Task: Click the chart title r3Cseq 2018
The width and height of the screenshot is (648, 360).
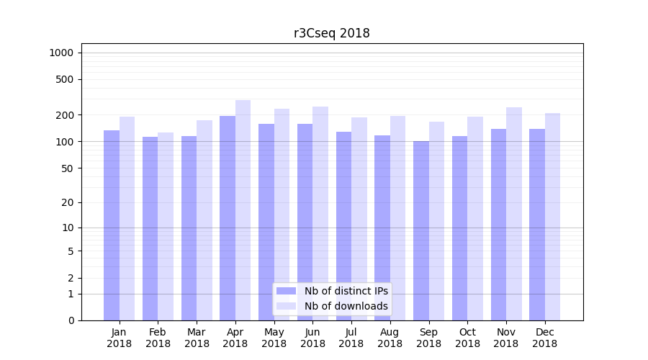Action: (x=331, y=33)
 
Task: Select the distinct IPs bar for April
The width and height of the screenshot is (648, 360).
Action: (x=228, y=216)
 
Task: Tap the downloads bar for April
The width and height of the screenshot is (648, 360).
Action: (x=243, y=209)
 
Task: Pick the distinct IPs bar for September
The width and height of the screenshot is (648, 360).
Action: (x=421, y=230)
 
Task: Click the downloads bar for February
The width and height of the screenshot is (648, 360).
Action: (x=166, y=227)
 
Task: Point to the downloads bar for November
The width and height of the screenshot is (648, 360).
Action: (x=514, y=212)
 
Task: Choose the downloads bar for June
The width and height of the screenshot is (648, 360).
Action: (x=320, y=212)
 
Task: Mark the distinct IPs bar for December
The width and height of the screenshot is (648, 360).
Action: (x=537, y=223)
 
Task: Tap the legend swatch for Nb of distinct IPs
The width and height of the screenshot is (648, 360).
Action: (x=287, y=291)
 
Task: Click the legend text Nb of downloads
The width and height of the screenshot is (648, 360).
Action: (x=346, y=306)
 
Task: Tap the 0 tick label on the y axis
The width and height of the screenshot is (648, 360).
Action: (x=71, y=320)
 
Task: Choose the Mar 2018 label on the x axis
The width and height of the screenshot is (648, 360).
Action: (x=197, y=338)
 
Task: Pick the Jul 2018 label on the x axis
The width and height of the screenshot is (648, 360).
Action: (x=351, y=338)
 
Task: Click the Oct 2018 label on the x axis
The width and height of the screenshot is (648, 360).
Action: (x=467, y=338)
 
